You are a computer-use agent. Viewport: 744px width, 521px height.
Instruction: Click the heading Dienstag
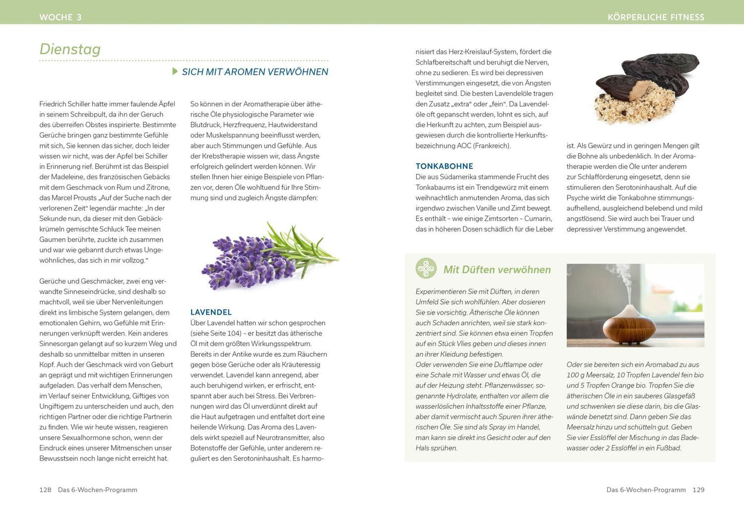pyautogui.click(x=70, y=49)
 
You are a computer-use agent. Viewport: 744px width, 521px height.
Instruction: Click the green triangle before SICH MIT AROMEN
pyautogui.click(x=175, y=72)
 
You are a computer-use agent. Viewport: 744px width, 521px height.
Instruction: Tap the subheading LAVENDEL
pyautogui.click(x=211, y=312)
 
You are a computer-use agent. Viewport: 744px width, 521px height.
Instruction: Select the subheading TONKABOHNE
pyautogui.click(x=444, y=166)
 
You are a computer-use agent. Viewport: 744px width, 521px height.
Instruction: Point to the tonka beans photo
pyautogui.click(x=644, y=88)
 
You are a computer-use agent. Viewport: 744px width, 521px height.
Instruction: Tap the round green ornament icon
pyautogui.click(x=426, y=269)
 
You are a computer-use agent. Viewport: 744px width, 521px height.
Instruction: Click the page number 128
pyautogui.click(x=45, y=490)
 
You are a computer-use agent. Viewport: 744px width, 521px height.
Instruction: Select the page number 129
pyautogui.click(x=698, y=490)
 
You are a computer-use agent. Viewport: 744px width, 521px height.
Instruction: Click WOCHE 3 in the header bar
pyautogui.click(x=61, y=17)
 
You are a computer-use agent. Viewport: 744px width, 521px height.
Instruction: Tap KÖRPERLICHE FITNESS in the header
pyautogui.click(x=656, y=17)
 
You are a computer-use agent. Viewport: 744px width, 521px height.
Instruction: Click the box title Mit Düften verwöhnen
pyautogui.click(x=497, y=270)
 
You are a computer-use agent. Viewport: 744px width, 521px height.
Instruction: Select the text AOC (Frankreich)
pyautogui.click(x=484, y=146)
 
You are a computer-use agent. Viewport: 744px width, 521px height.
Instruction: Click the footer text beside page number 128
pyautogui.click(x=97, y=490)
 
